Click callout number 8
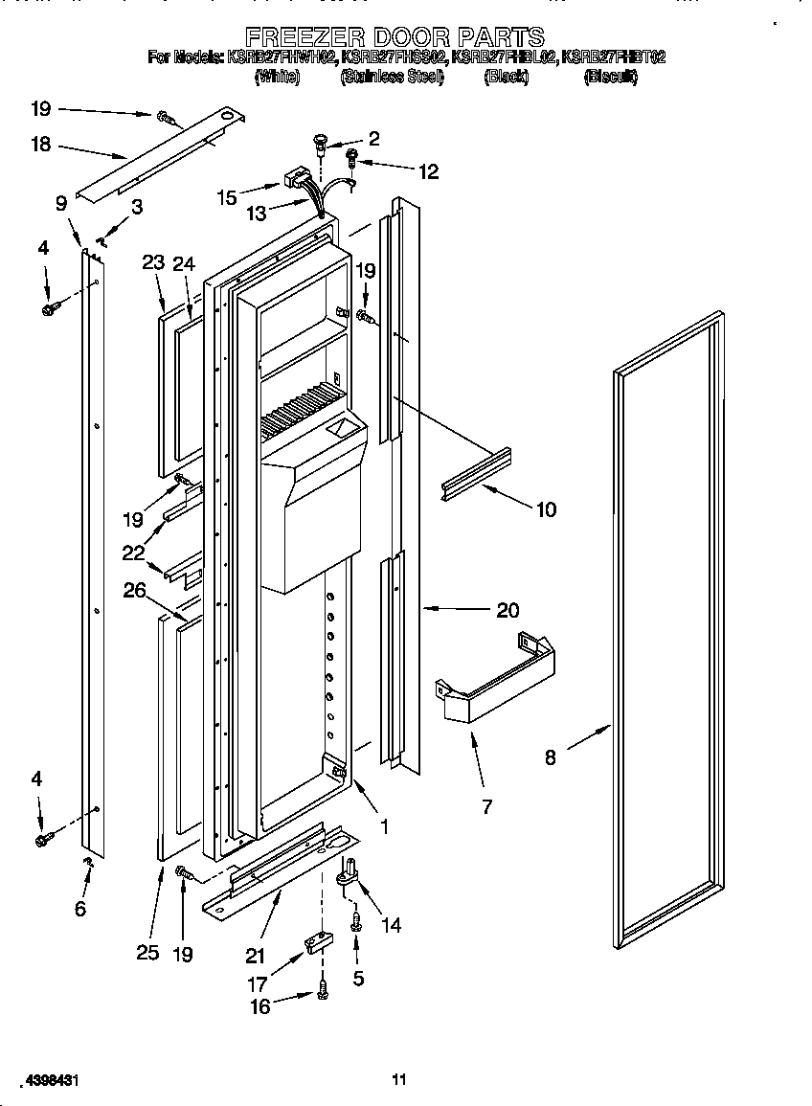(550, 757)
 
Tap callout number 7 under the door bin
(486, 807)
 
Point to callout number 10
(545, 509)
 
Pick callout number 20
(507, 609)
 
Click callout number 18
(40, 146)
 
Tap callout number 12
(428, 171)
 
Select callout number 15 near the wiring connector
(227, 197)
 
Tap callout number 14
(391, 925)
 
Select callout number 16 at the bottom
(259, 1005)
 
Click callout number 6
(79, 908)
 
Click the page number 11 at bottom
(399, 1080)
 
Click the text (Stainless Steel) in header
(392, 78)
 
